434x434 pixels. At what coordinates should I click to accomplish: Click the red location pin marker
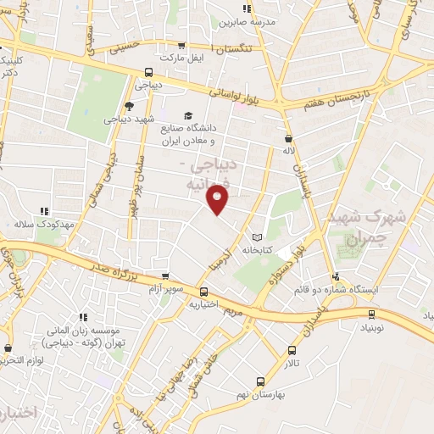(x=218, y=198)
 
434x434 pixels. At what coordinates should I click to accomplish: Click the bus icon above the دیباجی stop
(x=149, y=72)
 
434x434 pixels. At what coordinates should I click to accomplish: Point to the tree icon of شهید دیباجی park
(x=128, y=106)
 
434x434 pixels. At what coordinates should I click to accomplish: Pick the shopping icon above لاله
(x=289, y=136)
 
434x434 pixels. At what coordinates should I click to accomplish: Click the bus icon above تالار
(x=292, y=350)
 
